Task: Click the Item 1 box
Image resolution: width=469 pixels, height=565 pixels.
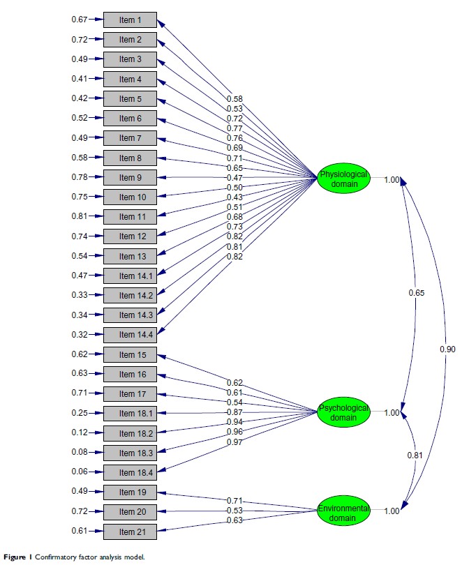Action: tap(130, 20)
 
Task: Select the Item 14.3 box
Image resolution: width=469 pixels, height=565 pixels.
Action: tap(130, 315)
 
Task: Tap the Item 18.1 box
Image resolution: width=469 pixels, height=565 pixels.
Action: tap(130, 414)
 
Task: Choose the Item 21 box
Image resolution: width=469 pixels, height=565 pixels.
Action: tap(130, 532)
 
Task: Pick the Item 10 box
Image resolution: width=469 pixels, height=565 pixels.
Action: tap(130, 197)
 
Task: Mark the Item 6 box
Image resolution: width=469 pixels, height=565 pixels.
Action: tap(130, 118)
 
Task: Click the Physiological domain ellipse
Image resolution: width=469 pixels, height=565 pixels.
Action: tap(343, 179)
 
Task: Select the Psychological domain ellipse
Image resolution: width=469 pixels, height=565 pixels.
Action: tap(343, 413)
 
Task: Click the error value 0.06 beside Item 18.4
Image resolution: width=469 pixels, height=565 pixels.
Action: tap(80, 473)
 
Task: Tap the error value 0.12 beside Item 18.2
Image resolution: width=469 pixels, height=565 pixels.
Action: tap(80, 433)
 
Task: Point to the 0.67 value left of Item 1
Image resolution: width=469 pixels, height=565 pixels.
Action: tap(80, 20)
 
